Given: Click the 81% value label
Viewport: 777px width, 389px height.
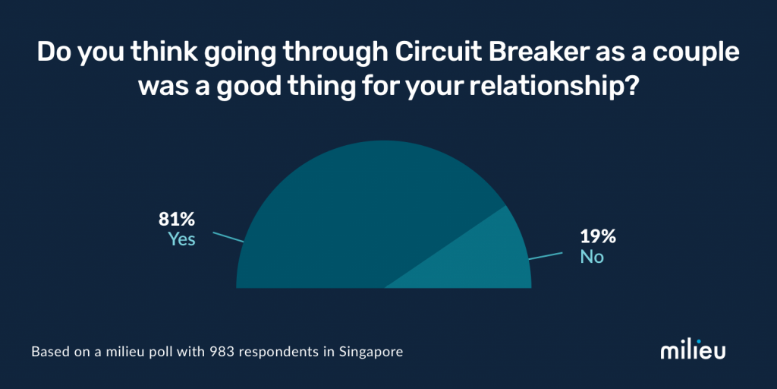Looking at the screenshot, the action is click(x=177, y=220).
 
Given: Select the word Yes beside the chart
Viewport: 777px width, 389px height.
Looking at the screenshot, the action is click(x=182, y=239).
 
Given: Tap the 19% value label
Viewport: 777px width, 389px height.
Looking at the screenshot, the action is click(x=598, y=237).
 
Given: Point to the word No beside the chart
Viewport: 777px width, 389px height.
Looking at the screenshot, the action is click(x=592, y=257).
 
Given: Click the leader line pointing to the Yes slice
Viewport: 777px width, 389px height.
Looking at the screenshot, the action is click(x=228, y=237).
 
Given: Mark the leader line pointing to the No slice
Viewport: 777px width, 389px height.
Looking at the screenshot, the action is click(x=546, y=256).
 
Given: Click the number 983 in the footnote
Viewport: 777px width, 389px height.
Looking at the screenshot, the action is click(x=220, y=353).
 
